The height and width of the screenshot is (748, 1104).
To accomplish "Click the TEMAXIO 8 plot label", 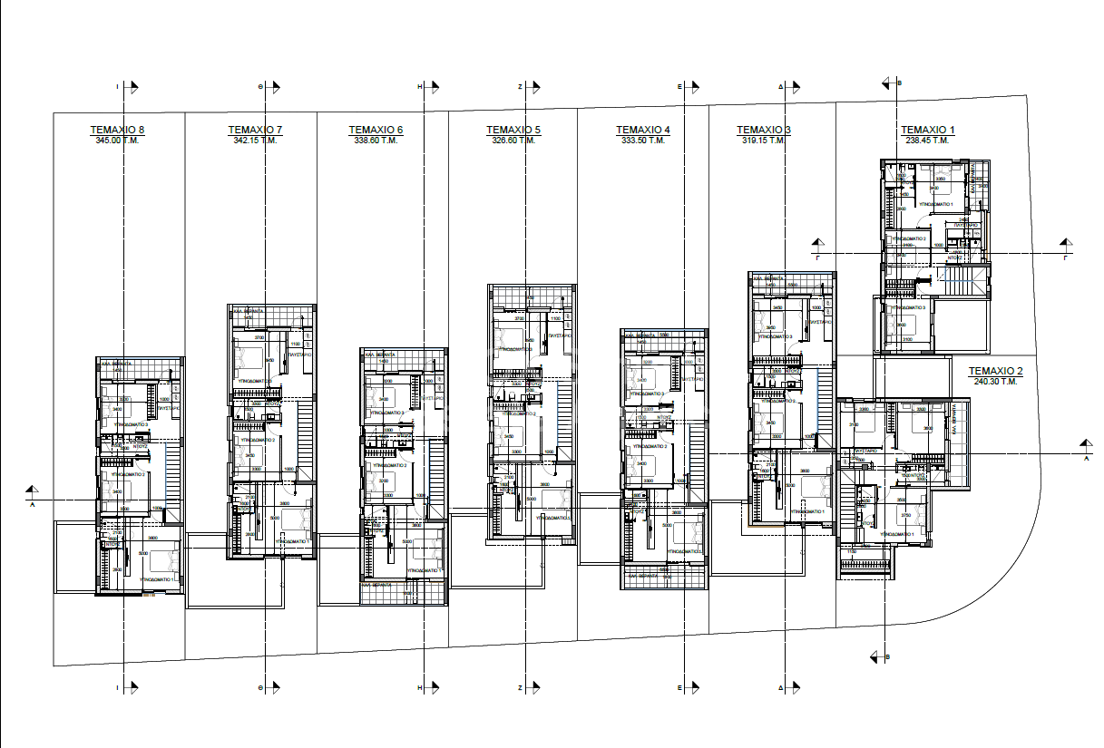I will coord(117,130).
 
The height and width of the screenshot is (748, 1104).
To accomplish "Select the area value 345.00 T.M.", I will coord(117,141).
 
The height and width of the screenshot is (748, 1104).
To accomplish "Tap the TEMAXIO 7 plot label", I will coord(255,130).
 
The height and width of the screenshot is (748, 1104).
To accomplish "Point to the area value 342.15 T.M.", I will coord(255,141).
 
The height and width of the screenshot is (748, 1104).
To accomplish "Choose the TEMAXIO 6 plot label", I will coord(376,130).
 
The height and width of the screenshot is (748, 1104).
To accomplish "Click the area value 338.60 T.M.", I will coord(376,141).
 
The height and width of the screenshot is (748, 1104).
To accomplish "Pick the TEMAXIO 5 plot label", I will coord(513,130).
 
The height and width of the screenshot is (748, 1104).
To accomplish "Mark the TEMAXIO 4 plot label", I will coord(643,130).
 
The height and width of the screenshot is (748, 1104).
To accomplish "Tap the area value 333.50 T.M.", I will coord(643,141).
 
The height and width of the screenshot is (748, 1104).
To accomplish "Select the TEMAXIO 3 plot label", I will coord(763,130).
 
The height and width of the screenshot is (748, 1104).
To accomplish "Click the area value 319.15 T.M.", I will coord(763,141).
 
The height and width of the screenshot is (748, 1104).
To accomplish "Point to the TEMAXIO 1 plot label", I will coord(928,130).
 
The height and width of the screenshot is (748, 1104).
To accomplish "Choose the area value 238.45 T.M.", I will coord(928,141).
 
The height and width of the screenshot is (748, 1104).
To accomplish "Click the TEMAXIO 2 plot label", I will coord(995,371).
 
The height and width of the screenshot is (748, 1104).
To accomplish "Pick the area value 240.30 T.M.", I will coord(995,382).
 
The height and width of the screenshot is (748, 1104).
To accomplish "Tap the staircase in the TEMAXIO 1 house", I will coord(958,283).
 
